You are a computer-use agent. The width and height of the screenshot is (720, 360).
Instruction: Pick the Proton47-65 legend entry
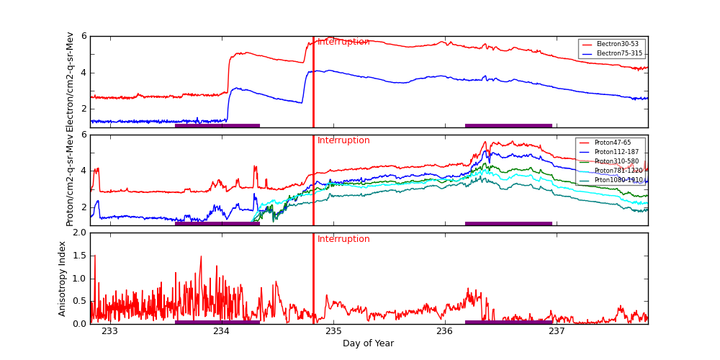pos(612,143)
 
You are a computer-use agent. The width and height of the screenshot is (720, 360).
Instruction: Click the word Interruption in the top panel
pos(343,42)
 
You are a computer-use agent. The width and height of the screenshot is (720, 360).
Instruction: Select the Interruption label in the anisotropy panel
pos(343,239)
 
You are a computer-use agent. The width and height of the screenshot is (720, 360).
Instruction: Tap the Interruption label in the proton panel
pos(343,140)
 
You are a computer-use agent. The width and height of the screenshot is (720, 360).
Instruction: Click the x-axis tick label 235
pos(333,331)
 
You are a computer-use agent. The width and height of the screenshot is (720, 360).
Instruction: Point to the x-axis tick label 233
pos(109,331)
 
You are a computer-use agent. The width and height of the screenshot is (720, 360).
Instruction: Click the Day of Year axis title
pos(368,343)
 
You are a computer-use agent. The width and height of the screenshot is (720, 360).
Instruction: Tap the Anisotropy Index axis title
pos(63,279)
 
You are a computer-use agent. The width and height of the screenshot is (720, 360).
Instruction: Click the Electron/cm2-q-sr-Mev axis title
pos(70,81)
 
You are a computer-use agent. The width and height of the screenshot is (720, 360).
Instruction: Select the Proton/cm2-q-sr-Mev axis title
pos(70,180)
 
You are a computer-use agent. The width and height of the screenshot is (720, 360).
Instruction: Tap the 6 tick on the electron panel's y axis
pos(84,36)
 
